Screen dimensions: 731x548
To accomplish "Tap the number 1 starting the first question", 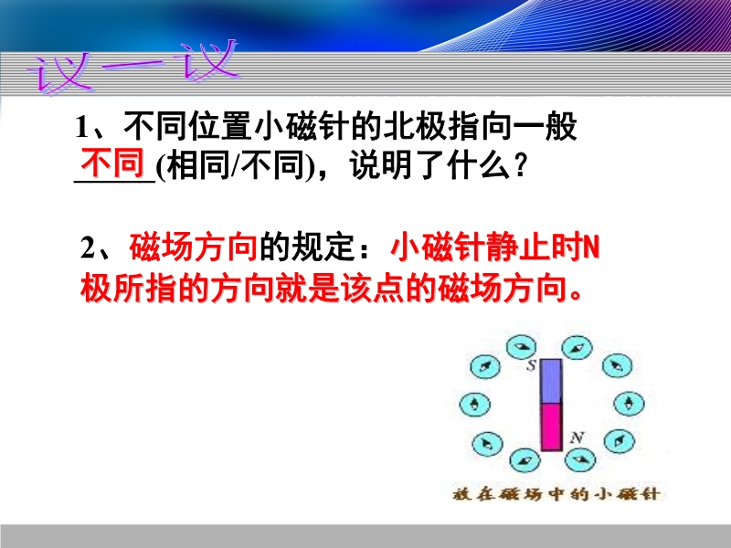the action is (x=82, y=127).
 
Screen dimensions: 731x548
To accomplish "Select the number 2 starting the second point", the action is (x=88, y=248).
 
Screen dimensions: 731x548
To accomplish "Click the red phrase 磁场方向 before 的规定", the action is (x=194, y=247).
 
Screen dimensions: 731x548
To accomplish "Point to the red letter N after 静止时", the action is (x=591, y=247).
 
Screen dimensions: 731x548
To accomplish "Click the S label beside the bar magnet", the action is (x=531, y=366).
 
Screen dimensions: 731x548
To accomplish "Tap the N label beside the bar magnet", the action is (x=577, y=437).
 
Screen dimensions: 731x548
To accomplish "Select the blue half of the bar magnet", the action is (x=551, y=381).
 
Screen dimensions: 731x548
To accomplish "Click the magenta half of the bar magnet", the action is (x=551, y=427).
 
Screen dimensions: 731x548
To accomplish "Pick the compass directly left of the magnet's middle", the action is (x=474, y=404).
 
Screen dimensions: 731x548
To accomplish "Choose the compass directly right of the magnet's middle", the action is (x=629, y=403).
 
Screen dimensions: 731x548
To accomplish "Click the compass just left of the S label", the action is (x=521, y=347).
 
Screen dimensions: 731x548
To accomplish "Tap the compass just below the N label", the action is (x=580, y=459).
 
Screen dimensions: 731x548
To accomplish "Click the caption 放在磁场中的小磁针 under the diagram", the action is (x=556, y=494).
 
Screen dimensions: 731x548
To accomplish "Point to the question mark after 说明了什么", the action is (x=521, y=165).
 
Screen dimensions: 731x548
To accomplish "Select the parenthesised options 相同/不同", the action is (x=236, y=165).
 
